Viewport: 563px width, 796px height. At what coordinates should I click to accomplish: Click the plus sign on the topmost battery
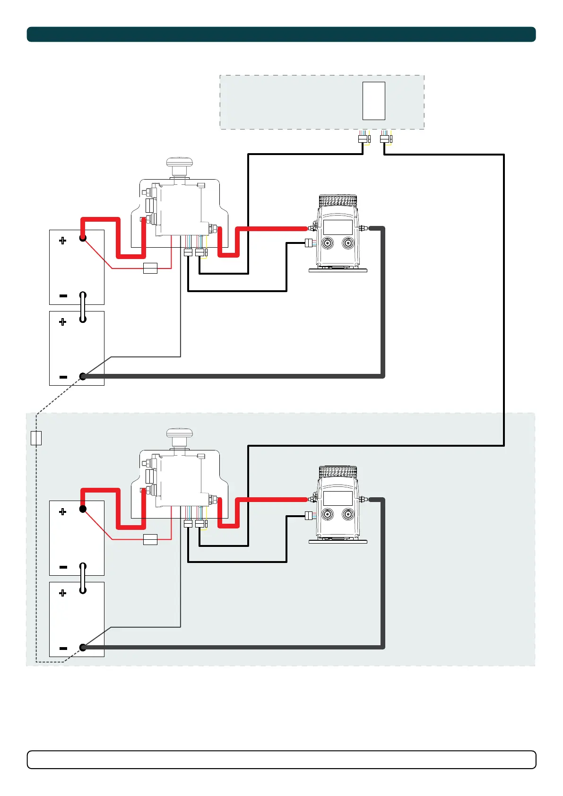62,241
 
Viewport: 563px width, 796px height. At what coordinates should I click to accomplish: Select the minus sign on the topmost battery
63,296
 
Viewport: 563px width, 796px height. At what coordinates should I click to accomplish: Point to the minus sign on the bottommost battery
63,649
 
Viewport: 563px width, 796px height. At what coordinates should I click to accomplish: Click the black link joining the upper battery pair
83,307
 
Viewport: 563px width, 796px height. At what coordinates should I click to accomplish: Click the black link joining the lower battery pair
83,578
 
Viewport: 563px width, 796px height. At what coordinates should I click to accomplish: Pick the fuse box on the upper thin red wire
150,268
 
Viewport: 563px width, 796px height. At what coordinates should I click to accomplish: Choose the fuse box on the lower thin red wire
150,539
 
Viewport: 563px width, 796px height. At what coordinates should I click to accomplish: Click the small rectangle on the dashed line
36,438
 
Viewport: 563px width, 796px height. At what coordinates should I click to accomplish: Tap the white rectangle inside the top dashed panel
373,101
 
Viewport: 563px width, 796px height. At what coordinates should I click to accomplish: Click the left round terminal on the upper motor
327,244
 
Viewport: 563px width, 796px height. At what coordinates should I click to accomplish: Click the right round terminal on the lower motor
348,515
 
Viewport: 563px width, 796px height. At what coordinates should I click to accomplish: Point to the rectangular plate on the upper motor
338,227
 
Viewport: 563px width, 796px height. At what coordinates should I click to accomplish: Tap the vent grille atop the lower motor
338,472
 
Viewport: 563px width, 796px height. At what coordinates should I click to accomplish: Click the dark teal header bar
281,35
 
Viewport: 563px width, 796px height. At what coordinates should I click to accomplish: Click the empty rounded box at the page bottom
281,760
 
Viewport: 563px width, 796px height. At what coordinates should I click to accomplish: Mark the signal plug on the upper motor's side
309,243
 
